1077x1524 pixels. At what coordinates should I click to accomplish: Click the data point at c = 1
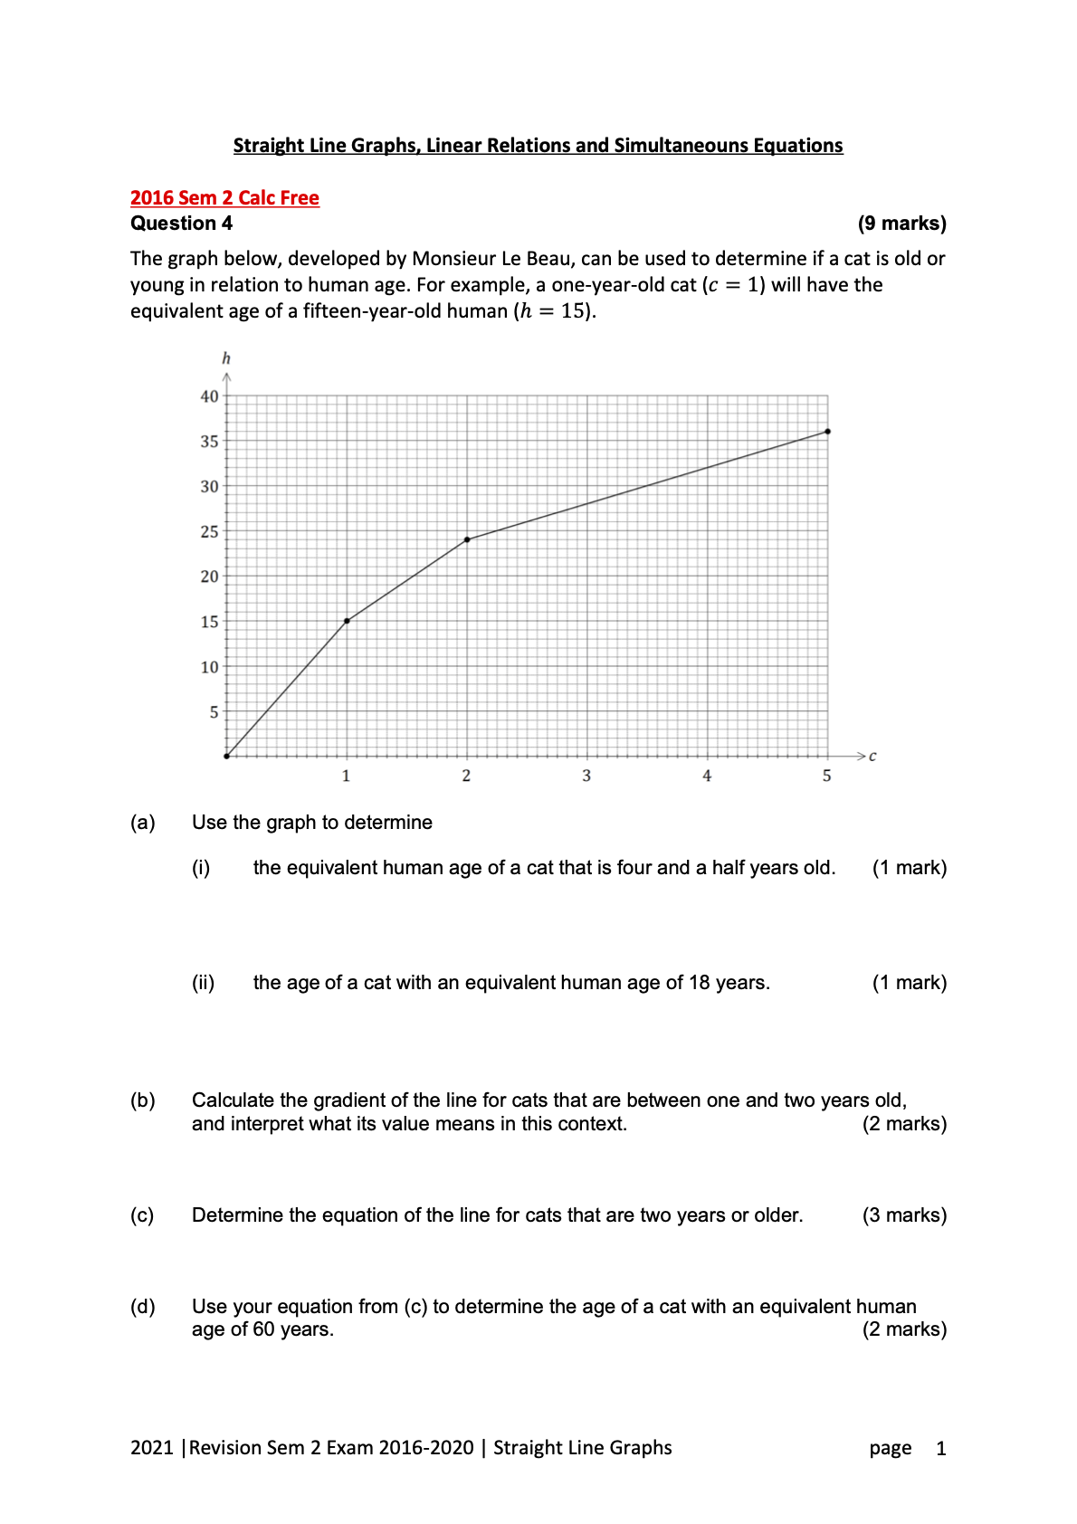coord(347,621)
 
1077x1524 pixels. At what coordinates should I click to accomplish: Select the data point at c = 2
coord(467,539)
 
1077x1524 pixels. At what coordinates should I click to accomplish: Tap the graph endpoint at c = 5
coord(828,432)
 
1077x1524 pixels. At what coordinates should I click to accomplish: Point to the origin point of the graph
coord(226,756)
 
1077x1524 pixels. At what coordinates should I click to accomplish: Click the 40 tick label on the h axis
coord(209,396)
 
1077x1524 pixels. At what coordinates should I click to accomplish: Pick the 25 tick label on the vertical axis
coord(209,532)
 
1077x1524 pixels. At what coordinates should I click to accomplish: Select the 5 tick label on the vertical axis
coord(214,712)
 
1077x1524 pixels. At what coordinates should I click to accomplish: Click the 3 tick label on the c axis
coord(586,776)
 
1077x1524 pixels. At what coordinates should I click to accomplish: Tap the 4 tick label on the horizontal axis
coord(707,776)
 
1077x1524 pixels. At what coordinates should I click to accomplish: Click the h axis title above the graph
coord(226,358)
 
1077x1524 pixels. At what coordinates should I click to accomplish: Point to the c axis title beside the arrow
coord(872,757)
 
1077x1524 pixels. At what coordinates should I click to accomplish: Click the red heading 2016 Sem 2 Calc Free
coord(224,198)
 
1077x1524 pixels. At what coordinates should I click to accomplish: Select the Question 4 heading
coord(181,224)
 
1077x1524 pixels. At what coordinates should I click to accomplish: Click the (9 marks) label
coord(901,224)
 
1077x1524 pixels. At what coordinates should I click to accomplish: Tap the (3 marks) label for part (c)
coord(904,1215)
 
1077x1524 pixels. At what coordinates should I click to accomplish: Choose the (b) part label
coord(143,1100)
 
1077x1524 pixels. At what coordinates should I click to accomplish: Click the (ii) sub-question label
coord(203,983)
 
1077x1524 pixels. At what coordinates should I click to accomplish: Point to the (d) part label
coord(143,1307)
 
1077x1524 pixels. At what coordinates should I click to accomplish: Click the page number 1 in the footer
coord(941,1449)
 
